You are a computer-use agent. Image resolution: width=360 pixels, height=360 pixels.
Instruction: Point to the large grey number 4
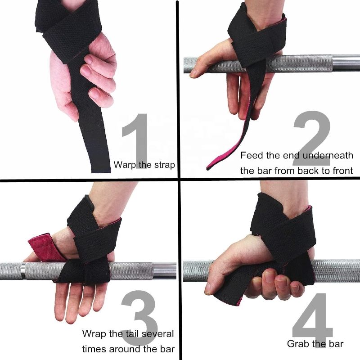312,320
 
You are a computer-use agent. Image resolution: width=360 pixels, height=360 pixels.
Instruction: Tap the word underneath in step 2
328,156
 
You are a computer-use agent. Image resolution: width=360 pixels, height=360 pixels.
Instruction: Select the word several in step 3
157,333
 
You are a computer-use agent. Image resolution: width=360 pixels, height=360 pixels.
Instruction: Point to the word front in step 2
341,171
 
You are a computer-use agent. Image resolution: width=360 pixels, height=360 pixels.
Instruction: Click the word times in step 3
94,349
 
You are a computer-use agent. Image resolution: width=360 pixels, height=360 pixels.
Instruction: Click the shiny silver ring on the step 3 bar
23,271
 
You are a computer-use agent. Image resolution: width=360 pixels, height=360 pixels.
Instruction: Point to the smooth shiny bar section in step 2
346,62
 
